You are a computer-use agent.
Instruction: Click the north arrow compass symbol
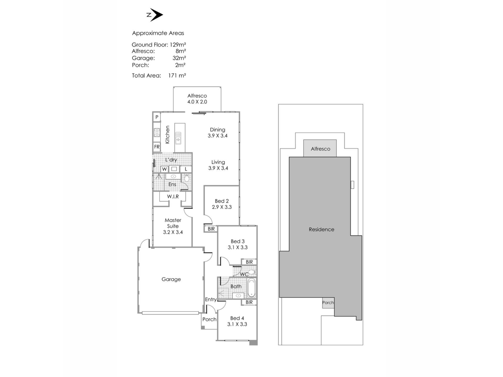pyautogui.click(x=155, y=15)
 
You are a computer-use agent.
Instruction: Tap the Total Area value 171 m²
pyautogui.click(x=177, y=75)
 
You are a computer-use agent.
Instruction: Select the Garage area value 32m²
pyautogui.click(x=179, y=58)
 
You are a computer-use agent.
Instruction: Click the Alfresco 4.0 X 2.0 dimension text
pyautogui.click(x=197, y=102)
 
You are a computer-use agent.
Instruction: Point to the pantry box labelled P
pyautogui.click(x=157, y=117)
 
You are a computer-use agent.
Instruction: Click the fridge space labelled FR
pyautogui.click(x=157, y=147)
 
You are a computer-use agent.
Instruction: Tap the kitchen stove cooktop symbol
pyautogui.click(x=157, y=132)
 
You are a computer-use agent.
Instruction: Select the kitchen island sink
pyautogui.click(x=178, y=138)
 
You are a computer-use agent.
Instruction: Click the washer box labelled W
pyautogui.click(x=164, y=169)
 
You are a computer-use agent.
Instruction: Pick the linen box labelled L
pyautogui.click(x=186, y=169)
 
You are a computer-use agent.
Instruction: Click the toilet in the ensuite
pyautogui.click(x=187, y=178)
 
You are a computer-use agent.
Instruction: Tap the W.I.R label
pyautogui.click(x=173, y=196)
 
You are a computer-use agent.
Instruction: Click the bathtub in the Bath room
pyautogui.click(x=251, y=288)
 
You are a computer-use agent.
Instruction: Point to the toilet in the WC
pyautogui.click(x=252, y=272)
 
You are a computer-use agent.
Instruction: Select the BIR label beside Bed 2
pyautogui.click(x=211, y=229)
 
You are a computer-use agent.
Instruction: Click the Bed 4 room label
pyautogui.click(x=237, y=318)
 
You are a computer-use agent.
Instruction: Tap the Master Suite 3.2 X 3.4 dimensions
pyautogui.click(x=173, y=232)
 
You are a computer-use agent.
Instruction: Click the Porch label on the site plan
pyautogui.click(x=328, y=303)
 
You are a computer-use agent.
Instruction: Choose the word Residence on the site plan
pyautogui.click(x=321, y=229)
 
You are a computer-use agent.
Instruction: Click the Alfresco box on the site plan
pyautogui.click(x=320, y=148)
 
